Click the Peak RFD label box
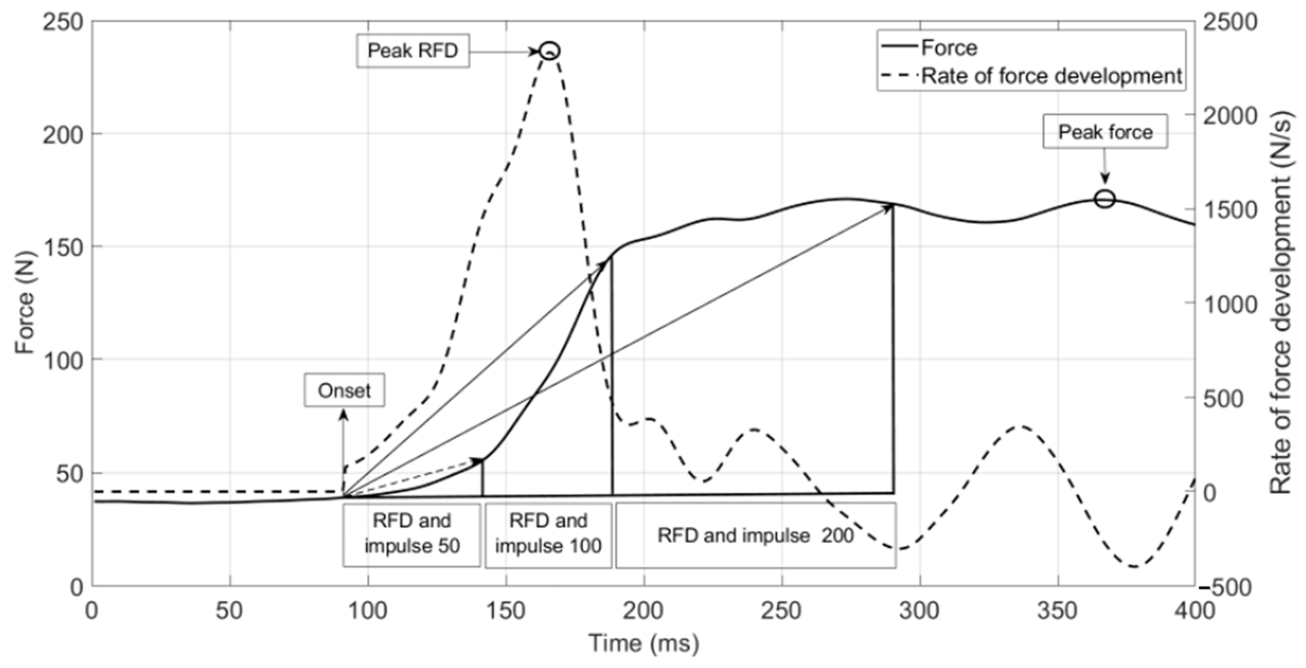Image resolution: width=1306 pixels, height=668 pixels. click(x=413, y=51)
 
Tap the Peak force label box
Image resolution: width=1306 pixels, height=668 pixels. click(x=1105, y=132)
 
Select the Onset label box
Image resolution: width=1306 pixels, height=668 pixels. click(x=344, y=390)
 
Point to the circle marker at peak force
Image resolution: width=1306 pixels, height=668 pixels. click(x=1105, y=199)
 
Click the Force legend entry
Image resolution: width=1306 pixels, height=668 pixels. click(x=948, y=48)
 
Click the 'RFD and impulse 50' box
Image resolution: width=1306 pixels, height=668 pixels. click(x=412, y=534)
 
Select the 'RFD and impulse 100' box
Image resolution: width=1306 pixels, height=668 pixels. click(x=548, y=534)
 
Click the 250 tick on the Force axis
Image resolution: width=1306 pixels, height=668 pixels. click(x=62, y=23)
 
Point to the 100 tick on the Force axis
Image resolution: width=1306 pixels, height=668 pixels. click(x=62, y=360)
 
